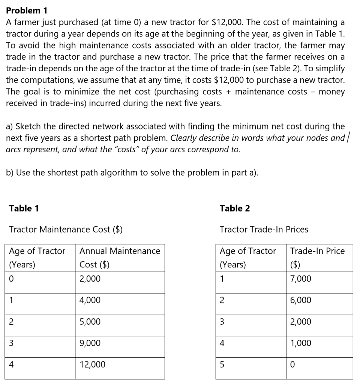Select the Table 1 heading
(24, 208)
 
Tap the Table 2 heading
(235, 208)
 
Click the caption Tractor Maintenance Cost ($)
(66, 229)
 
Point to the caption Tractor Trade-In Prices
(264, 229)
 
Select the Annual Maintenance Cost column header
(120, 258)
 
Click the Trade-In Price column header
(317, 258)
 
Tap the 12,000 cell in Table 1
(92, 364)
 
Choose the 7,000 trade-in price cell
(301, 279)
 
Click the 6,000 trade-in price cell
(301, 300)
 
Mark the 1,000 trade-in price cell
(301, 343)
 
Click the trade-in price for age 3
(301, 322)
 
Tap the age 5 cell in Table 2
(222, 364)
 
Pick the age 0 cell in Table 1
(12, 279)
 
